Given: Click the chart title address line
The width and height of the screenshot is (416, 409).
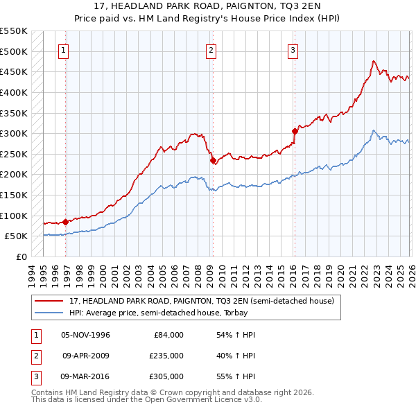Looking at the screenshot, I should [x=207, y=6].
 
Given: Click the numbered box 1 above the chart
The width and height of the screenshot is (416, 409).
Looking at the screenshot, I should [x=64, y=50].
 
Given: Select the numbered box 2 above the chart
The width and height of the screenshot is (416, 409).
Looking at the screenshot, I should [x=211, y=50].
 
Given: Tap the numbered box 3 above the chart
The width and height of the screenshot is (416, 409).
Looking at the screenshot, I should [x=293, y=50].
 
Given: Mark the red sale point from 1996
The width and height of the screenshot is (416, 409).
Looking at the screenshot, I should [x=65, y=222].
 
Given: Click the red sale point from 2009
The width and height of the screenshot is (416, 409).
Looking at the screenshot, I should [x=213, y=160].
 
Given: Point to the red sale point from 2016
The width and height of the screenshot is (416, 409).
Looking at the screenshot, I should [x=295, y=131].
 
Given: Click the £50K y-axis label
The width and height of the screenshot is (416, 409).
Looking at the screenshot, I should [x=16, y=236].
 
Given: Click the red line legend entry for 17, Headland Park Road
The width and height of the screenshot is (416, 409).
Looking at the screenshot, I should [x=202, y=301].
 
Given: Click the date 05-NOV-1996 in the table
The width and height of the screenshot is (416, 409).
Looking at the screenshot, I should [x=85, y=335].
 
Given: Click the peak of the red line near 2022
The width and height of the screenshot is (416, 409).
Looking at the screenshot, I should [x=373, y=61].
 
